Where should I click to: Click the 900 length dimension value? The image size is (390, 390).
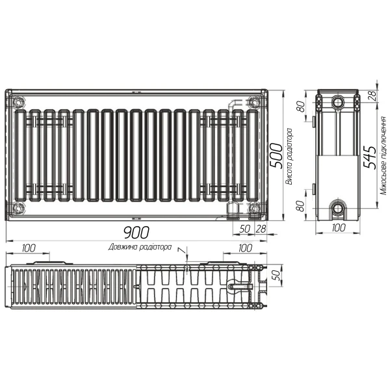pos(136,232)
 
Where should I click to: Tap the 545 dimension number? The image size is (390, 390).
pos(369,156)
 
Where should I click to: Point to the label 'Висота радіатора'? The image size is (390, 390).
pos(289,156)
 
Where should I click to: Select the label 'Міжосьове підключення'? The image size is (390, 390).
pos(383,156)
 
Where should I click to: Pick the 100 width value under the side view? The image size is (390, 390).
pos(338,228)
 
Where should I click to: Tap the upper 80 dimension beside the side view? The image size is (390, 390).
pos(301,106)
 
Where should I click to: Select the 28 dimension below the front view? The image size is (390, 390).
pos(261,228)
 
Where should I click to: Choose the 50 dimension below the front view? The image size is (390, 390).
pos(244,228)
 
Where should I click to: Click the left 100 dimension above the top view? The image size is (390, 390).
pos(29,248)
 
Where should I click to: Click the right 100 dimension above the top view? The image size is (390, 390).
pos(244,248)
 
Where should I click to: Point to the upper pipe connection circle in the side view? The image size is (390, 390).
pos(338,103)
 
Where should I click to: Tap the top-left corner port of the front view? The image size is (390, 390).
pos(18,101)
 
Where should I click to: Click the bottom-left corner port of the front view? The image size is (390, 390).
pos(18,208)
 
